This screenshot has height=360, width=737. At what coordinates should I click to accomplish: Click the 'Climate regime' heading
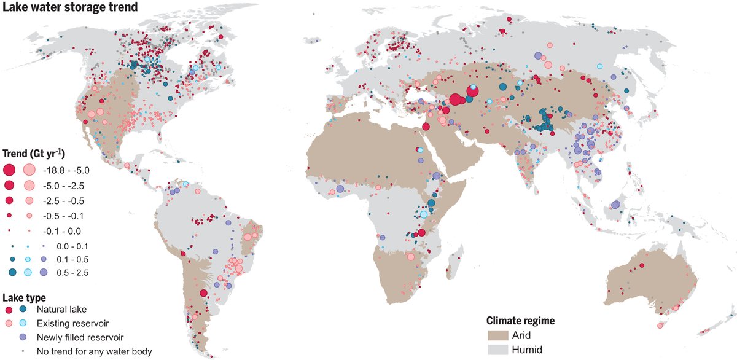point(521,321)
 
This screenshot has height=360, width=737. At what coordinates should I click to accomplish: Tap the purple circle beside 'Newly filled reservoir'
point(23,337)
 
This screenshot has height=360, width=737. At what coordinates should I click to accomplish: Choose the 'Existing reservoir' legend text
point(69,323)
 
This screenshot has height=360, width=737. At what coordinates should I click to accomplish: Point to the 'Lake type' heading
point(24,297)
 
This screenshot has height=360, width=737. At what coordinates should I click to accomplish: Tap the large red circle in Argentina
point(203,293)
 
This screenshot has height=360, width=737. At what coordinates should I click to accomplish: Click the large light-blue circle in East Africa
point(423,214)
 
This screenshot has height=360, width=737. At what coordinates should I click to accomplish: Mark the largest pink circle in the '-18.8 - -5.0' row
point(28,170)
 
